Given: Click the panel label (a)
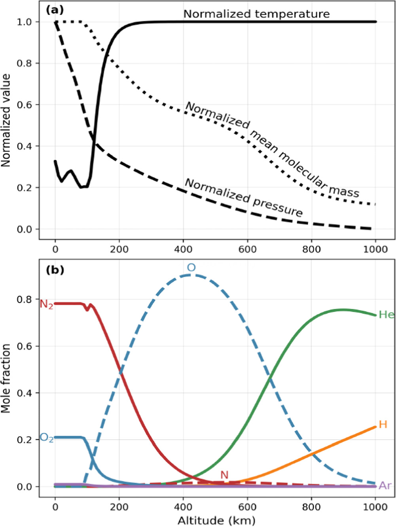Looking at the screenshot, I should (55, 10).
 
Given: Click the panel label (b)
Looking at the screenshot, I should (55, 270).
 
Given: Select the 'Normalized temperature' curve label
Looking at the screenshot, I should (256, 14).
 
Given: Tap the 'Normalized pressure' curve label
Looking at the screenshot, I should (244, 197).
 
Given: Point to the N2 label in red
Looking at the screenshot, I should (46, 304).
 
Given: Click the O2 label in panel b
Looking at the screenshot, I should (47, 438).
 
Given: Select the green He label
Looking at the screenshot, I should (386, 315).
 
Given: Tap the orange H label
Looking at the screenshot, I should (383, 424).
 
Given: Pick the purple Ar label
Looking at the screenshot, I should (385, 485).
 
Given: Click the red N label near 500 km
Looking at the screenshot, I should (224, 475).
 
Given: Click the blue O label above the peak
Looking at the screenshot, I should (191, 268).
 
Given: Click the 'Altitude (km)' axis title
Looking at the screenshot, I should (216, 520).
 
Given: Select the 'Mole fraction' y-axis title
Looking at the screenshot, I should (6, 378).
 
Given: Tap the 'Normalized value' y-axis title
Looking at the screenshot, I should (6, 120).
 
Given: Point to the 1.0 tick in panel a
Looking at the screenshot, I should (24, 22).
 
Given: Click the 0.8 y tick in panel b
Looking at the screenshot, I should (24, 300).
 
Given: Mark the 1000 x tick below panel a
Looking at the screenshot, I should (375, 249).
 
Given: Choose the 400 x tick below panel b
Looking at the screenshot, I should (183, 507).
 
